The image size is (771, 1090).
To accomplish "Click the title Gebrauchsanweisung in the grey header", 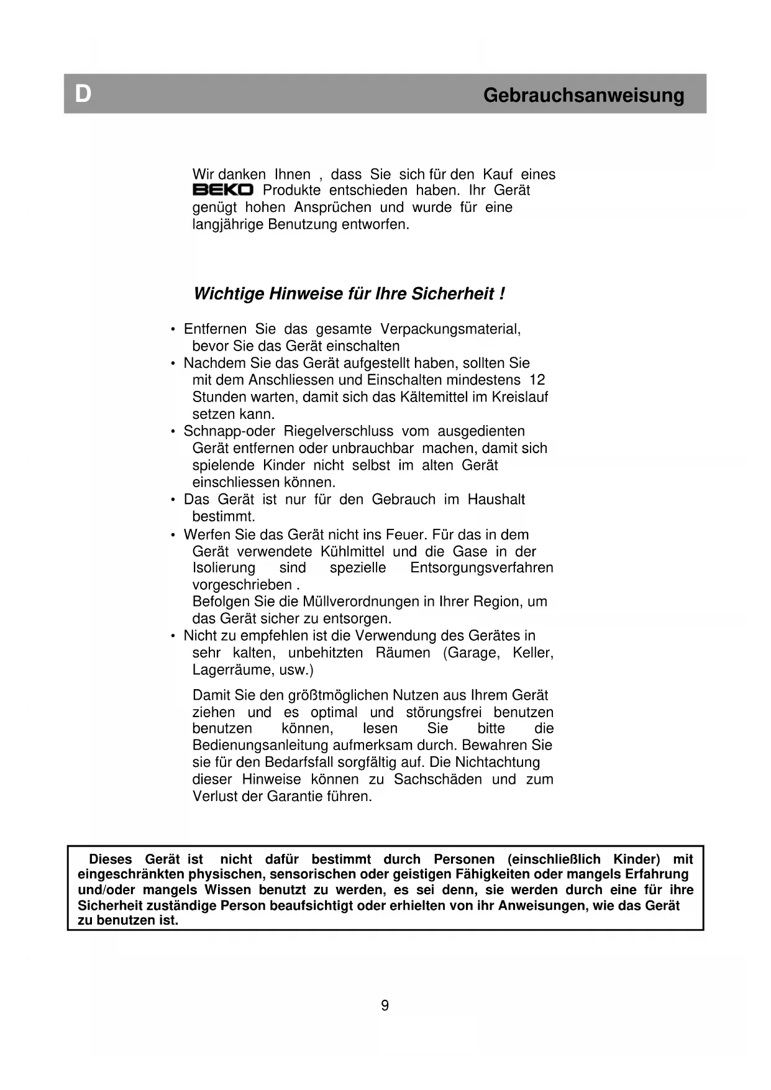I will coord(583,95).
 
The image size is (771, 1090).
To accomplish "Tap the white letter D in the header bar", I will coord(83,94).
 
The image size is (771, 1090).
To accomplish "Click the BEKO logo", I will coord(222,190).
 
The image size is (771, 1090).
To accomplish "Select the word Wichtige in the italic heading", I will coord(229,293).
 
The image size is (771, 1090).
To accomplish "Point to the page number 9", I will coord(385,1005).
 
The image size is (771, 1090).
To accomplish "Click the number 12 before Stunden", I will coord(537,380).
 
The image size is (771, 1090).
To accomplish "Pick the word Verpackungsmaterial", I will coord(450,329).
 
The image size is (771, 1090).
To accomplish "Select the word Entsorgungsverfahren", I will coord(481,568).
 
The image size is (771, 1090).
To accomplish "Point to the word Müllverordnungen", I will coord(360,602).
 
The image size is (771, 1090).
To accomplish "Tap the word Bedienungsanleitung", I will coord(260,745).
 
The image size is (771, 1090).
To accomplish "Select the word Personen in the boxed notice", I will coord(464,859).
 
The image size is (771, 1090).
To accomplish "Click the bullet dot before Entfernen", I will coord(173,329).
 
